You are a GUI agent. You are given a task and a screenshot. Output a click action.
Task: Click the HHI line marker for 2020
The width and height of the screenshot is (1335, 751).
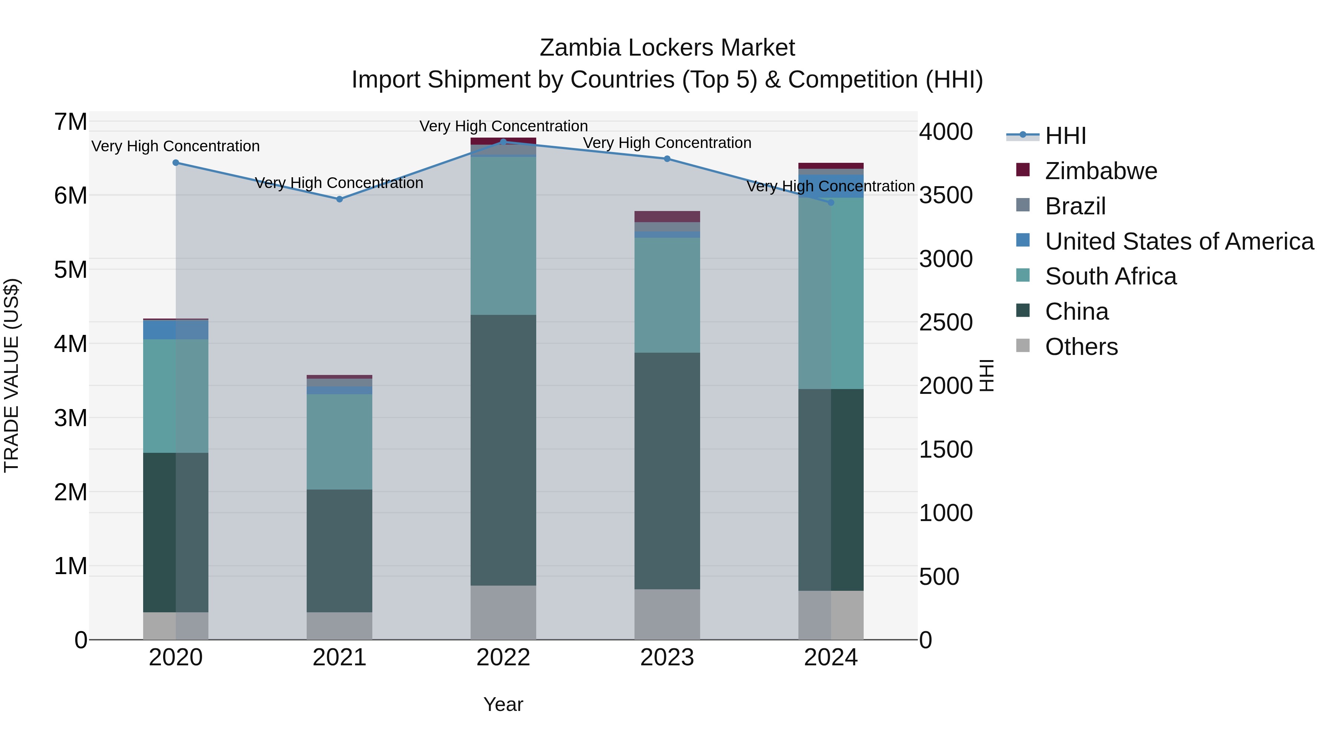[176, 163]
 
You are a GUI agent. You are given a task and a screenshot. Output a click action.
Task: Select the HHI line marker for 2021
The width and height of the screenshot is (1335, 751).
[339, 199]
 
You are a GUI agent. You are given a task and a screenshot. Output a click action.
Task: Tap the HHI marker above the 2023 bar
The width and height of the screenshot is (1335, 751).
[667, 159]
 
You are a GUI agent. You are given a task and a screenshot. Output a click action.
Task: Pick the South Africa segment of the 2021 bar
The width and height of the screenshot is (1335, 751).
[339, 442]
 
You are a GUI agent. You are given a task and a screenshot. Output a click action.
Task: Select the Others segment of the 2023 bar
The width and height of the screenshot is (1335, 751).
[667, 614]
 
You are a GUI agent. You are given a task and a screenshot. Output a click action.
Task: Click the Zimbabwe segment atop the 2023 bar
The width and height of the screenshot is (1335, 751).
[667, 216]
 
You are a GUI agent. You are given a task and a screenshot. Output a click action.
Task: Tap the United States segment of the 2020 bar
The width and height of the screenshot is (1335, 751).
[176, 330]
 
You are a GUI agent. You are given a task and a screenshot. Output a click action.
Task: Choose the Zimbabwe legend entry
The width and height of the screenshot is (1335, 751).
[1101, 171]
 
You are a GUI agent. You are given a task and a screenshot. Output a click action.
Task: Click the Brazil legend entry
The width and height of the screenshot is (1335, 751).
[1075, 206]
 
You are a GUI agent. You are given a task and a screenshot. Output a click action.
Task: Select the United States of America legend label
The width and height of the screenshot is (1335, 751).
[1179, 241]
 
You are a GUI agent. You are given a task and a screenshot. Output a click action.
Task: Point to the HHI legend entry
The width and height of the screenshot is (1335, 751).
[1065, 136]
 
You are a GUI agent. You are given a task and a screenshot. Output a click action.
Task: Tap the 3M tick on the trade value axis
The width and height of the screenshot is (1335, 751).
[70, 418]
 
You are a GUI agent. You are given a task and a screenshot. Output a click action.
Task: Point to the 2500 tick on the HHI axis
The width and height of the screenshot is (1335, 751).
[946, 322]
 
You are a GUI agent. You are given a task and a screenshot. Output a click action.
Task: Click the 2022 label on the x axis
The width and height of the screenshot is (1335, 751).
[503, 658]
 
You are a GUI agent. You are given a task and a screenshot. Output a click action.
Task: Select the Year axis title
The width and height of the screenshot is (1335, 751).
[503, 704]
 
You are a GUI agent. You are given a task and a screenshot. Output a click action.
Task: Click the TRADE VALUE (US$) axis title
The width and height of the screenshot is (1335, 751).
[11, 375]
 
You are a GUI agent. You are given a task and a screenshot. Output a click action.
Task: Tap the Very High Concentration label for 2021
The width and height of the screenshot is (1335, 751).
[339, 183]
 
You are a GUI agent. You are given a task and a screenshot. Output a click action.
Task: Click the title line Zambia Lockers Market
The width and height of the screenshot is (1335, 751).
[667, 48]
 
